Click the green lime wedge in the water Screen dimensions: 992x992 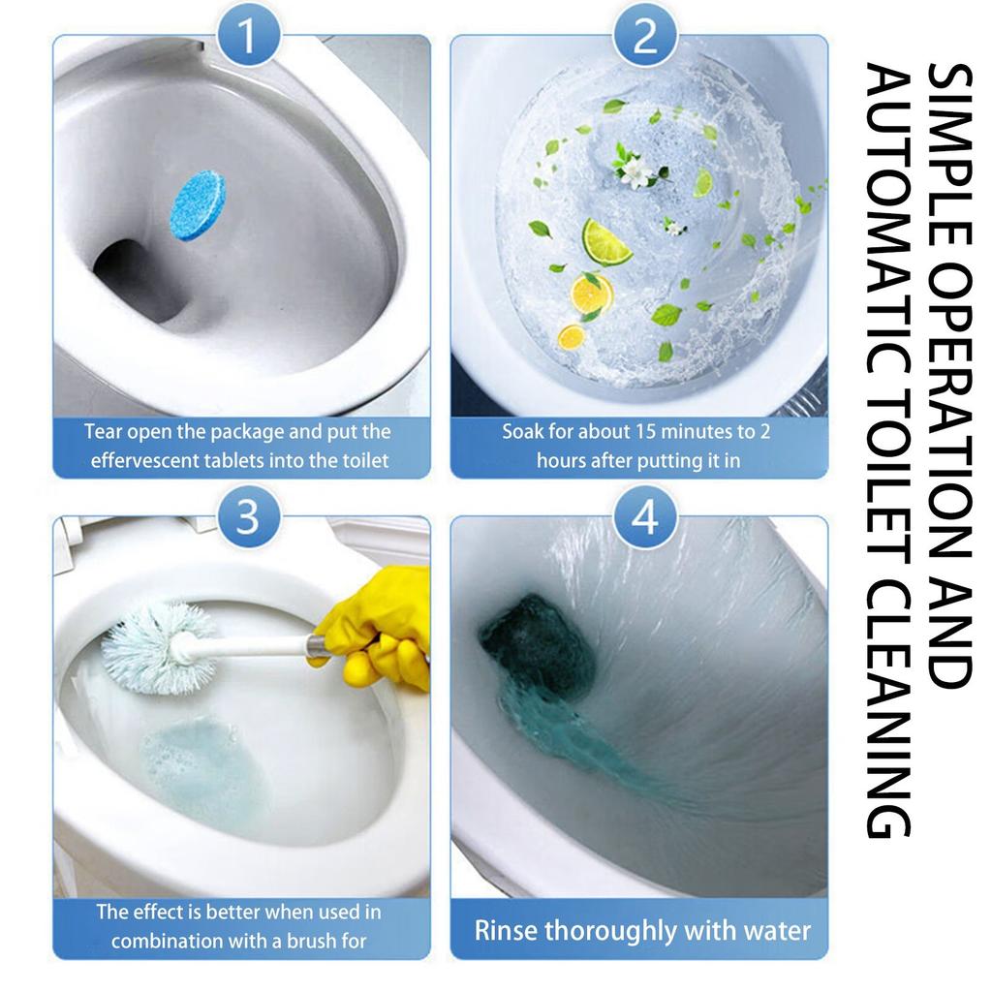605,242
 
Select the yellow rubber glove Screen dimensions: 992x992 377,627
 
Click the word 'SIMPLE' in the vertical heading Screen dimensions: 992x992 948,154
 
